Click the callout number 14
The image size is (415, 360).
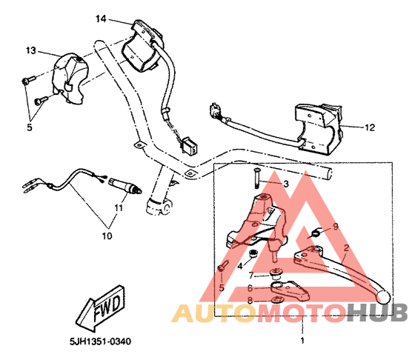coord(101,19)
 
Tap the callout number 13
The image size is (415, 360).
coord(30,50)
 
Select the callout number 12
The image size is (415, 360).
coord(370,127)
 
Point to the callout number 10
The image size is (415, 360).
coord(107,236)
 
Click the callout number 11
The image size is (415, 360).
coord(119,207)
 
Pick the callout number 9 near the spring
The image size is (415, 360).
coord(336,227)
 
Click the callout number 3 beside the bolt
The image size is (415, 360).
coord(286,184)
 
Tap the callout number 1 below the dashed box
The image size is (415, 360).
coord(302,341)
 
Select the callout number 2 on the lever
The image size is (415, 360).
coord(346,248)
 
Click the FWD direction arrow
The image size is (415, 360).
coord(101,308)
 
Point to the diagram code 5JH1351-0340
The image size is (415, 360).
coord(100,341)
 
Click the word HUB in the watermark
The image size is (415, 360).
coord(377,313)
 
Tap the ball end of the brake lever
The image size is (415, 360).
coord(383,297)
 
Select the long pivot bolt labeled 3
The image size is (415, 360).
coord(256,179)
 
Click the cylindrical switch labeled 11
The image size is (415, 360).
coord(125,185)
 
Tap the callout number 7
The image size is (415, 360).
coord(251,276)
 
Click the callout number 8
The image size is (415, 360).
coord(250,301)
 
